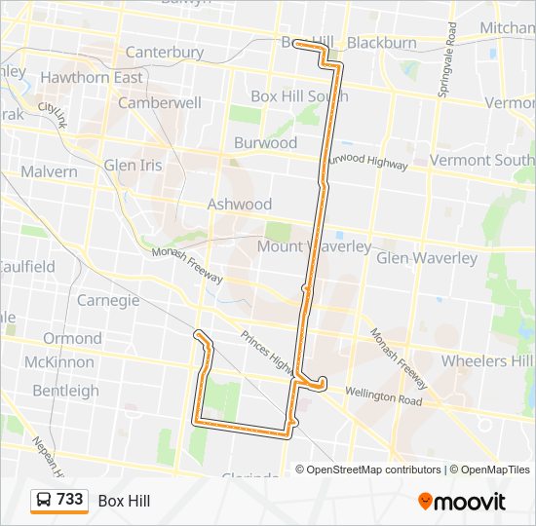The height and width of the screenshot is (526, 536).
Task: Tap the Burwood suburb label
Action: (265, 142)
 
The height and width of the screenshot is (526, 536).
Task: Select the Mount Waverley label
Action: (314, 246)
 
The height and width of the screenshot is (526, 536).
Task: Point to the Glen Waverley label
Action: (427, 258)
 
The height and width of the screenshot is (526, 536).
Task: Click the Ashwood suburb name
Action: (239, 204)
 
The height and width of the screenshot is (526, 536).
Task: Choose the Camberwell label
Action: (159, 102)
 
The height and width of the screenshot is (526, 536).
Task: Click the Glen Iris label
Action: (133, 165)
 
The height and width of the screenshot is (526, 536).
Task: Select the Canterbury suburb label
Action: (165, 52)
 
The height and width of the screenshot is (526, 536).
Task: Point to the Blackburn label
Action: (381, 43)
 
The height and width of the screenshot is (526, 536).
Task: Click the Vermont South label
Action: (481, 160)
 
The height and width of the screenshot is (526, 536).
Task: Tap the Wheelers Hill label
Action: (487, 360)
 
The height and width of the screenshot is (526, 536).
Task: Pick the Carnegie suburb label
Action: (108, 300)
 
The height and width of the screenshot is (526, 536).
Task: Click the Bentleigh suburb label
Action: (66, 391)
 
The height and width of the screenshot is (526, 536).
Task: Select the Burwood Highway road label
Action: (366, 162)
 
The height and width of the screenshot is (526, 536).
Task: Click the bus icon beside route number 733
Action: (44, 501)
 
